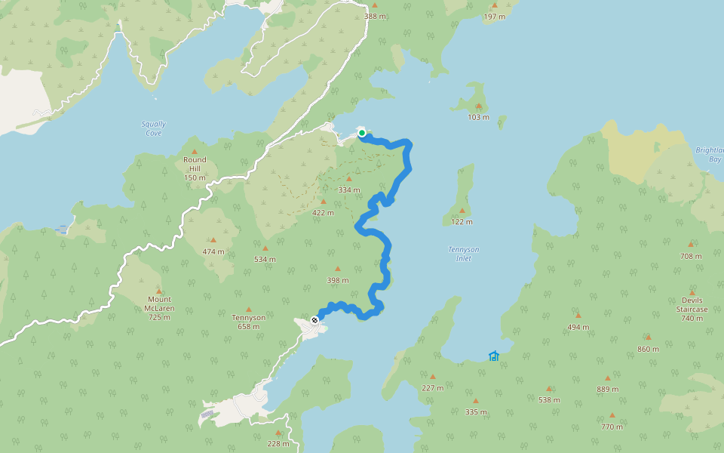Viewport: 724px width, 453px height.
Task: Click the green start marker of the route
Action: point(362,134)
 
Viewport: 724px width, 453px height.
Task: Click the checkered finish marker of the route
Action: point(315,319)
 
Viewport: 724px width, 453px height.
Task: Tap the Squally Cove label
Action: point(153,128)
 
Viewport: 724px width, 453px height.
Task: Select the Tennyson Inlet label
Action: point(463,254)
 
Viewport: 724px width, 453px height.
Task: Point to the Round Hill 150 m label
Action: point(195,168)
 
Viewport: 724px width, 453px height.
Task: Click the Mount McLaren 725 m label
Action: point(158,308)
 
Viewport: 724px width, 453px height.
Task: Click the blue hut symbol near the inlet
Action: point(494,356)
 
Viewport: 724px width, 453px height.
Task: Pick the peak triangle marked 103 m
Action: point(478,106)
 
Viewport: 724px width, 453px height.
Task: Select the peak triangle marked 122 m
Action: point(462,211)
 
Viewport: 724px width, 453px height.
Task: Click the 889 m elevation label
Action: point(607,389)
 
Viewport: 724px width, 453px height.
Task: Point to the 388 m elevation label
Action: point(375,16)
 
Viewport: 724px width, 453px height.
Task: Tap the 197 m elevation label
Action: point(494,16)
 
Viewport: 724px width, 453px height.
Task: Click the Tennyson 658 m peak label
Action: point(248,322)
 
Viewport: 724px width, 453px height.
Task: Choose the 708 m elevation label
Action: point(691,256)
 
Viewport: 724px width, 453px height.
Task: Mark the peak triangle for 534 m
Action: point(265,248)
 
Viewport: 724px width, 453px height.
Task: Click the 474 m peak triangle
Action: point(213,240)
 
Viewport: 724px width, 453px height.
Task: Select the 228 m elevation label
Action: point(278,443)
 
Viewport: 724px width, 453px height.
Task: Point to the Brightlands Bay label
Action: point(709,155)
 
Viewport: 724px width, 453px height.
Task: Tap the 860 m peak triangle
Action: point(648,337)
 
